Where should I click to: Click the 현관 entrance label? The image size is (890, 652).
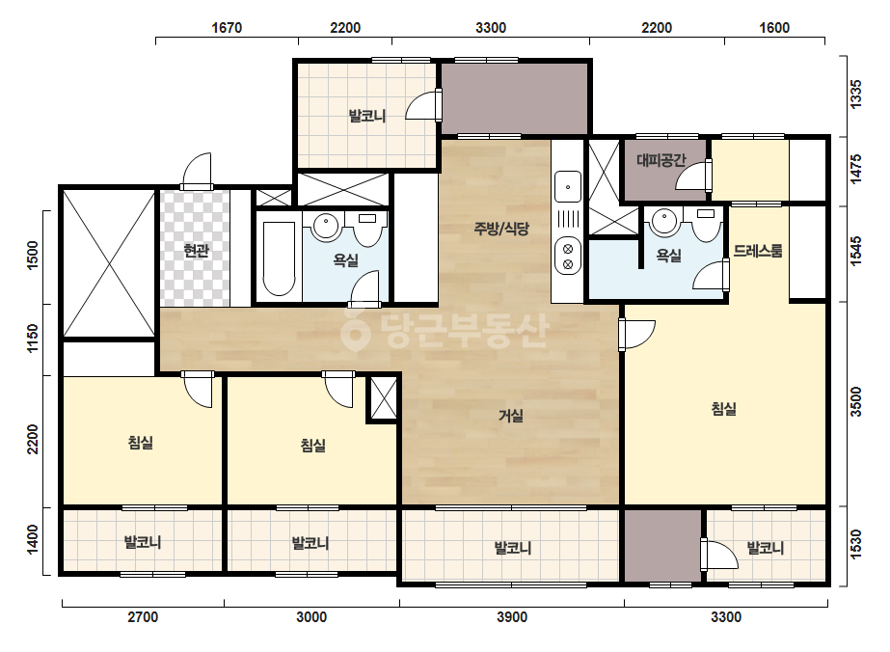pos(197,251)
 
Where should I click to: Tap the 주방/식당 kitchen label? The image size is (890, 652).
pos(501,229)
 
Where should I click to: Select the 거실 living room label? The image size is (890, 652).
pos(511,416)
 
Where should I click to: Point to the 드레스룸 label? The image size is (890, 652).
pos(758,251)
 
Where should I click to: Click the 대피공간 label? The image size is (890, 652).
pos(661,160)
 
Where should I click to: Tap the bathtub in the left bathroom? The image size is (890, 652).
pos(280,258)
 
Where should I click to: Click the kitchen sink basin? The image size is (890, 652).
pos(568,186)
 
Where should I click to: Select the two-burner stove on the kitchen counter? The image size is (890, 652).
pos(568,257)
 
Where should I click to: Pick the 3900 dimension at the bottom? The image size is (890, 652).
pos(512,616)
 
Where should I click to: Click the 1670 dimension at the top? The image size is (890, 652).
pos(227,28)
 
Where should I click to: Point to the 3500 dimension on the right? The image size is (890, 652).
pos(856,402)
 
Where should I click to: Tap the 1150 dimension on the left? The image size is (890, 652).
pos(33,338)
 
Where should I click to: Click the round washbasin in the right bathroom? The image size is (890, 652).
pos(664,221)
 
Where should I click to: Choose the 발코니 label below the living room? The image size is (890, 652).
pos(513,548)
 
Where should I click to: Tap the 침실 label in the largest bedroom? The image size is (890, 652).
pos(724,409)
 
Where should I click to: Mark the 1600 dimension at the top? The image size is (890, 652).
pos(774,28)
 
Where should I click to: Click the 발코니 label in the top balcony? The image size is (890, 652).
pos(367,117)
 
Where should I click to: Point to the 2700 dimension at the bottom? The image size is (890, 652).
pos(143,616)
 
